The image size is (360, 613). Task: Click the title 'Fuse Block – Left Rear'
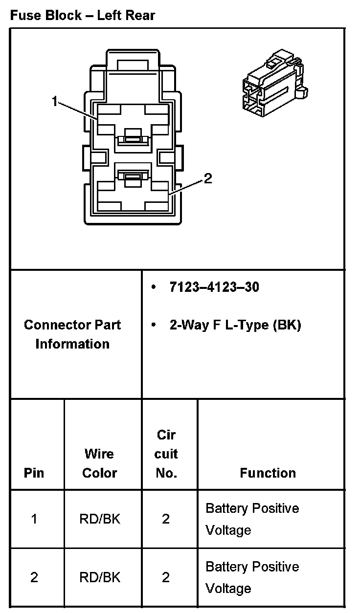(82, 16)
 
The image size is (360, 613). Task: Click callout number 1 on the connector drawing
(55, 101)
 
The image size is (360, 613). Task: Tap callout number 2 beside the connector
(208, 179)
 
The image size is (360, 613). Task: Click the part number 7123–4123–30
(214, 287)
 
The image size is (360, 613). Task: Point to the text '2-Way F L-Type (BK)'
(235, 325)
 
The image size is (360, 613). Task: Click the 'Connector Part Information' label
(72, 334)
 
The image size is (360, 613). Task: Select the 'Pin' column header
(34, 473)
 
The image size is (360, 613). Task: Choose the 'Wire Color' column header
(99, 463)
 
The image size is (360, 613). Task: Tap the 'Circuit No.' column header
(166, 454)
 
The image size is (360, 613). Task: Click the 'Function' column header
(268, 473)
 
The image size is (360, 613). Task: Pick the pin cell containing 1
(34, 519)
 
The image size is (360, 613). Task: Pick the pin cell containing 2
(34, 578)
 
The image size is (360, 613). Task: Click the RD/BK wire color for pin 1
(99, 519)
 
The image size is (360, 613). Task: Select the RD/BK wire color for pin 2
(99, 578)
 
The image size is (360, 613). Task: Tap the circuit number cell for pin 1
(166, 519)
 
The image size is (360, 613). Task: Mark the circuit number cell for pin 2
(166, 578)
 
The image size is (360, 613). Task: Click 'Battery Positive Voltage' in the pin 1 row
(252, 519)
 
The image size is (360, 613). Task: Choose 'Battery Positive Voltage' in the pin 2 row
(252, 578)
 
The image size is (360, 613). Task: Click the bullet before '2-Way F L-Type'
(154, 325)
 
